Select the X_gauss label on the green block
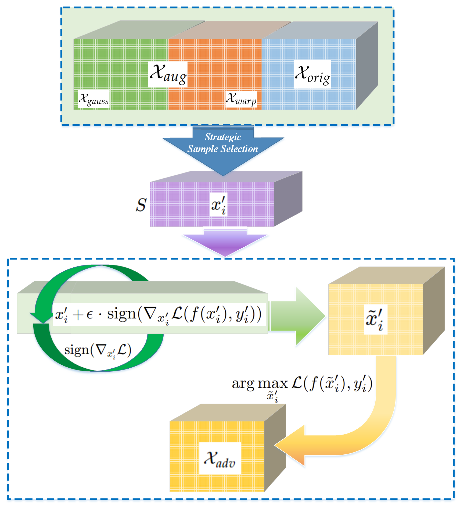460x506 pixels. tap(93, 99)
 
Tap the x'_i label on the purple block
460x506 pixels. tap(218, 204)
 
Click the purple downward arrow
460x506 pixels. tap(225, 245)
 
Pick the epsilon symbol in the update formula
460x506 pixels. tap(89, 315)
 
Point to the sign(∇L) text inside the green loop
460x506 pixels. tap(98, 350)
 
